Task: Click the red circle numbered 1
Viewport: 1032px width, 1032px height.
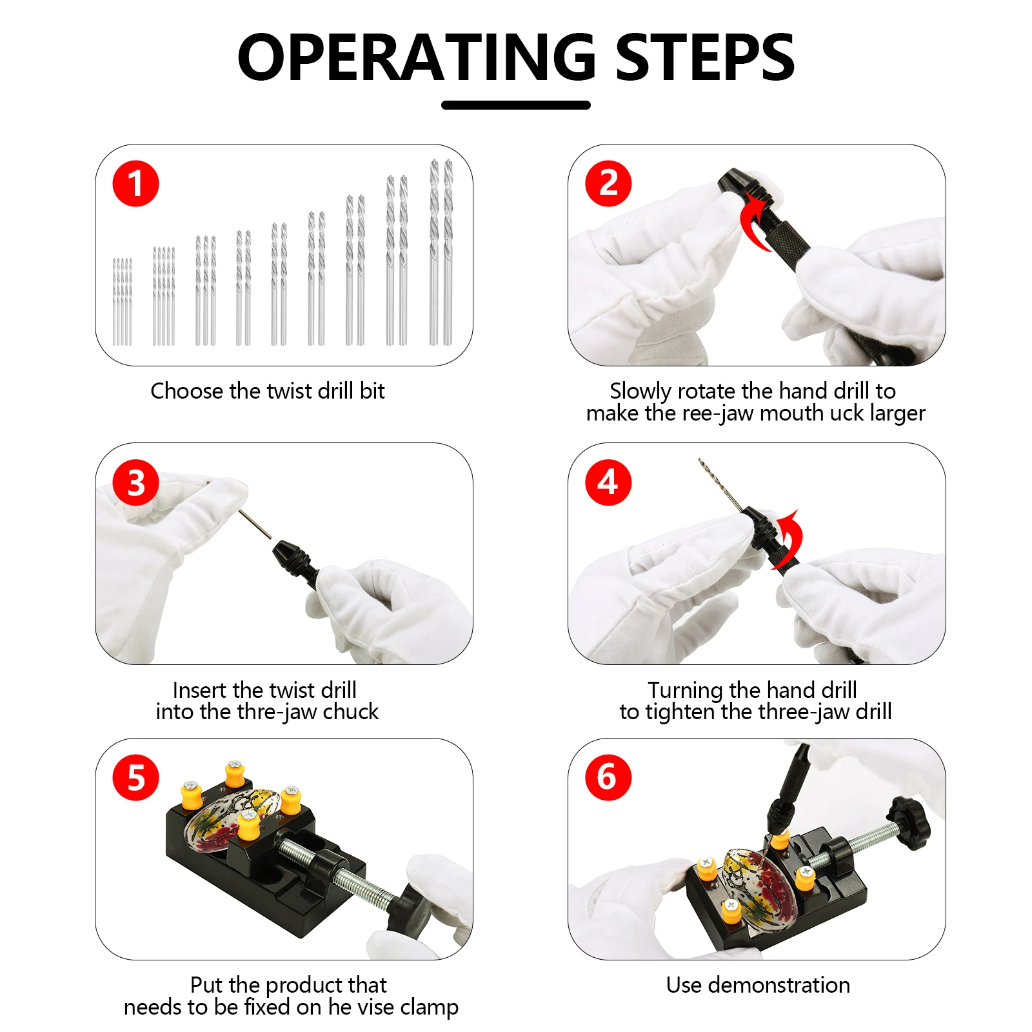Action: point(135,184)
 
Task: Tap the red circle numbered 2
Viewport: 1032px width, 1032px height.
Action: point(608,184)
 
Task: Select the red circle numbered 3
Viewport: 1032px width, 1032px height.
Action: point(135,482)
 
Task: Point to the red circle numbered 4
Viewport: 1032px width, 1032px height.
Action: point(608,482)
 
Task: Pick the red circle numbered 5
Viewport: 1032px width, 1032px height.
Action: point(135,778)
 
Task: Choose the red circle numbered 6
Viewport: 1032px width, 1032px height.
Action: point(608,778)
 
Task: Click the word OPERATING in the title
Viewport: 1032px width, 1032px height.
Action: point(417,57)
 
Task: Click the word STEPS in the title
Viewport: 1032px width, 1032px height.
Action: point(705,57)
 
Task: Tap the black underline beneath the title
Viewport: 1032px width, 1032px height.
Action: point(516,105)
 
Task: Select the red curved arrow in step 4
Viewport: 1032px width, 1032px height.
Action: point(792,539)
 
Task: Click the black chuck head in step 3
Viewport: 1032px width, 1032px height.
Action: point(288,555)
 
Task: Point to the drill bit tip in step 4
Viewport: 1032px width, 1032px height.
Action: point(700,460)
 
